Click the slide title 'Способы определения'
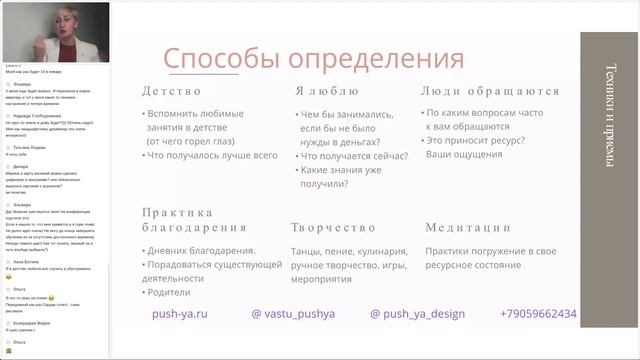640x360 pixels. [314, 56]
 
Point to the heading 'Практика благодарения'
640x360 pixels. [178, 220]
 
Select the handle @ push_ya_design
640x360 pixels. [417, 314]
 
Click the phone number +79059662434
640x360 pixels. [538, 314]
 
